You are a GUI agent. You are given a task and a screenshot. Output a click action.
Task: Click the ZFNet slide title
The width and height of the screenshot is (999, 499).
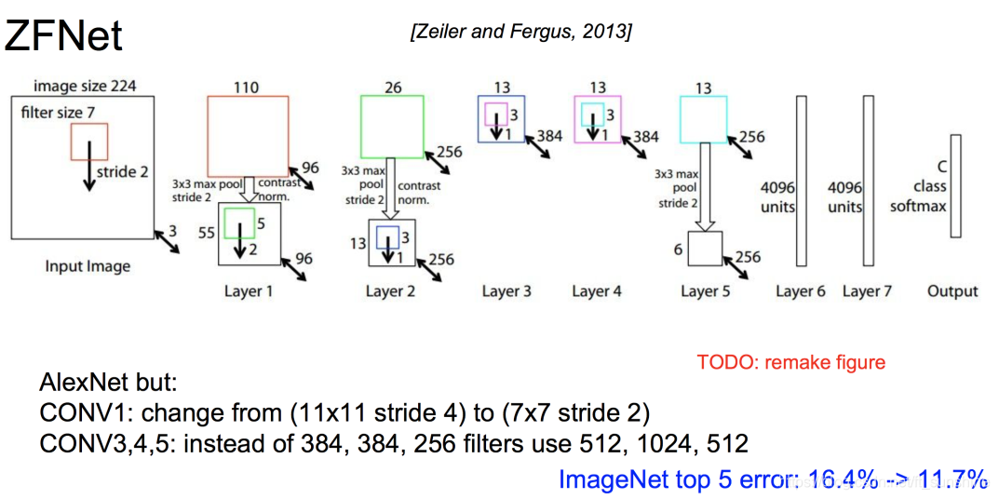pos(63,36)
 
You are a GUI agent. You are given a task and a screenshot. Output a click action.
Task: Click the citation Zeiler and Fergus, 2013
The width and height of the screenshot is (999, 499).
pos(520,33)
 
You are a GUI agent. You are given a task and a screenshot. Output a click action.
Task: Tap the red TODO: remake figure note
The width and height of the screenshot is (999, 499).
pos(791,362)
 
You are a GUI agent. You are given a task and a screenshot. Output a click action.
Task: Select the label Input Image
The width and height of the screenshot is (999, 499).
pos(88,266)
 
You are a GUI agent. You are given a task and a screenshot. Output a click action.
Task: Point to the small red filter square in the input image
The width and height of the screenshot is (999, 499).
pos(89,142)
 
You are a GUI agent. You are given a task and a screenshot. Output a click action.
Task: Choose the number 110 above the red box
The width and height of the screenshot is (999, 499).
pos(246,87)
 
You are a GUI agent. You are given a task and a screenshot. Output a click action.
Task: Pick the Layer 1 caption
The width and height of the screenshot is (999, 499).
pos(249,291)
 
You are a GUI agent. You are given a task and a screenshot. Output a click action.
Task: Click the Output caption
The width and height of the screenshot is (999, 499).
pos(952,291)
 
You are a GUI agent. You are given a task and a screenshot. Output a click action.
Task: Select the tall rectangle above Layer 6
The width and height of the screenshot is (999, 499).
pos(801,181)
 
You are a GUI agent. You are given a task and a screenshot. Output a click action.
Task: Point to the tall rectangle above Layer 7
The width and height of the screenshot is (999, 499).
pos(868,181)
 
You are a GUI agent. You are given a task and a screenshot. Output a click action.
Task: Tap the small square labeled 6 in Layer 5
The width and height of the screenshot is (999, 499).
pos(705,249)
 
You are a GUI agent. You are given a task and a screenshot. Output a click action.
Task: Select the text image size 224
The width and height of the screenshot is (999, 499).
pos(85,87)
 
